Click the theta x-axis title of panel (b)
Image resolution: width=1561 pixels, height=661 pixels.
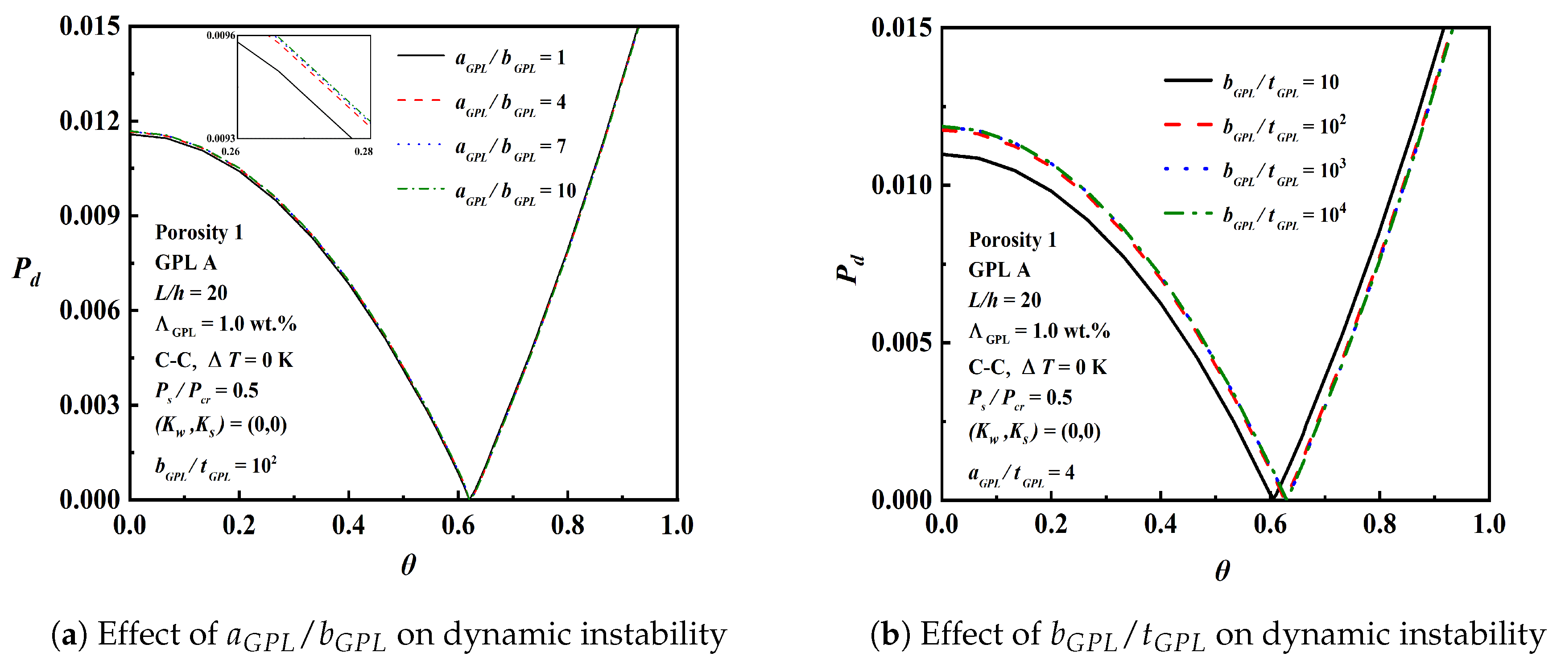[x=1222, y=571]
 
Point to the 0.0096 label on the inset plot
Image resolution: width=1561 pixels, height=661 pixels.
[x=221, y=36]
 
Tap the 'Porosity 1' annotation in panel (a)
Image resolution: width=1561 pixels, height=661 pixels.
[x=199, y=232]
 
